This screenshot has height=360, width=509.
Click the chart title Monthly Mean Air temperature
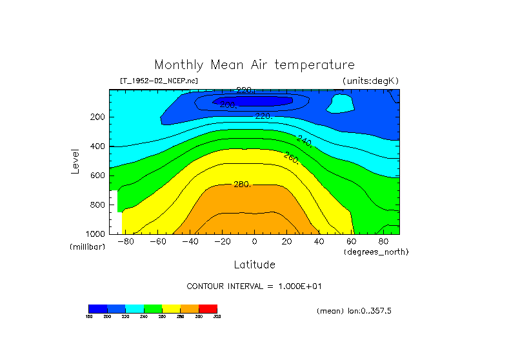point(254,65)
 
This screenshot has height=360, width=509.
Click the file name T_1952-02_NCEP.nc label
point(159,81)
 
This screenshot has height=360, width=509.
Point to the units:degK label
point(371,81)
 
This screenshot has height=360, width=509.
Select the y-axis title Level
point(76,161)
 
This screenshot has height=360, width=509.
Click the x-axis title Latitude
point(254,265)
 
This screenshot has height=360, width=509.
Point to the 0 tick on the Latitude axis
point(254,242)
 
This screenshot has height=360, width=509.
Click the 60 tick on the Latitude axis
point(352,242)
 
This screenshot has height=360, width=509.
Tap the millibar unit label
point(87,247)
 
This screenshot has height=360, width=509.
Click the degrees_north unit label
point(376,252)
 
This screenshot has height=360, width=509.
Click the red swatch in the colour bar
point(208,308)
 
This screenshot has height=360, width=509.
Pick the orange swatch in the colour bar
point(190,308)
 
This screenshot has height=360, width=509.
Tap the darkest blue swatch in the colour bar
point(97,308)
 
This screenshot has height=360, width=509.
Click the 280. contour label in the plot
point(241,185)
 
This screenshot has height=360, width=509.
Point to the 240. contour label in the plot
point(304,141)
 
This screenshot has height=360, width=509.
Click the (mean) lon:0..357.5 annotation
point(354,311)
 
